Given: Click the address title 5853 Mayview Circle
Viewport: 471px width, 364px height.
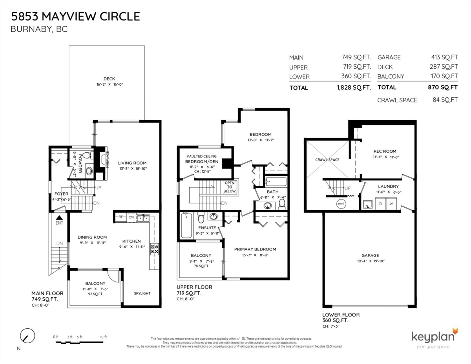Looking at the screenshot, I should (x=75, y=16).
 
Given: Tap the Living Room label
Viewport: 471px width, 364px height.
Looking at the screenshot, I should (x=132, y=163).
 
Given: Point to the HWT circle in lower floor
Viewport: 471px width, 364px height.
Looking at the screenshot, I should (x=341, y=204).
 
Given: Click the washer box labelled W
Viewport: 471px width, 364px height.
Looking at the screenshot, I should (x=391, y=204).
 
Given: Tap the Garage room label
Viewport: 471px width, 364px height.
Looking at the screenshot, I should (x=370, y=255).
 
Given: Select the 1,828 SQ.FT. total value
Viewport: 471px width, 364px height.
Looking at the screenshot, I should (x=353, y=88).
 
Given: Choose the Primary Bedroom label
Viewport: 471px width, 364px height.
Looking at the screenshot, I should (x=255, y=249).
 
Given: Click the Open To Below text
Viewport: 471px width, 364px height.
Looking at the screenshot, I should (x=230, y=187).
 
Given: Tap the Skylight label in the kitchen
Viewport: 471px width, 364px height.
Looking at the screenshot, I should (x=142, y=293).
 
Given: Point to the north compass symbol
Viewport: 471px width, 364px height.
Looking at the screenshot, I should (x=27, y=336).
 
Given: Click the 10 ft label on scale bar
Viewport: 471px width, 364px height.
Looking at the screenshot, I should (x=103, y=337).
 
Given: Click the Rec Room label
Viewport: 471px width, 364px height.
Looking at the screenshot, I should (x=385, y=151).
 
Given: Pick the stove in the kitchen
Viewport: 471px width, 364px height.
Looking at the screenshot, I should (x=155, y=249).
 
